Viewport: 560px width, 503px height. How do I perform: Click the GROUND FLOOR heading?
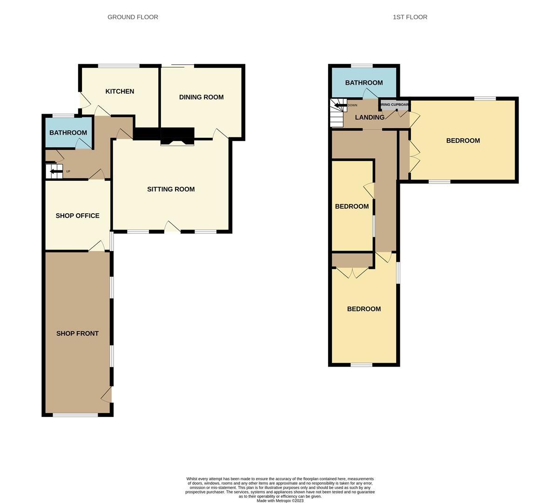(x=133, y=17)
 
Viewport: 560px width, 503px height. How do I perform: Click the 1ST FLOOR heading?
(x=410, y=17)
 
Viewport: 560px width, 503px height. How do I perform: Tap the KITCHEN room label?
(x=120, y=91)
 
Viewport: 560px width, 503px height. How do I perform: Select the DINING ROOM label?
(x=201, y=97)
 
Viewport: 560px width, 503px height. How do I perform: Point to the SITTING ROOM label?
(x=171, y=189)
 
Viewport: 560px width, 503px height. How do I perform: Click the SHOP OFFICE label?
(x=77, y=216)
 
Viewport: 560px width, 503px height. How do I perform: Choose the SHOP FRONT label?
(x=77, y=333)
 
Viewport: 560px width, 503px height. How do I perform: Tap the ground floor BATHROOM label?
(x=68, y=133)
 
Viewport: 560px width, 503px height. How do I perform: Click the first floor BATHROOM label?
(x=364, y=83)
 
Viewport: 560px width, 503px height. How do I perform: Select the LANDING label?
(x=370, y=117)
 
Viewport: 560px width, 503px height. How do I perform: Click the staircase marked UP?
(x=54, y=171)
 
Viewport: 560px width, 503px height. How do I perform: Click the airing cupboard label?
(x=394, y=105)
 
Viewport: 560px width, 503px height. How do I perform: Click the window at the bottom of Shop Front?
(x=75, y=415)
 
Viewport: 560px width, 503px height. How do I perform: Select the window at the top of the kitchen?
(x=119, y=66)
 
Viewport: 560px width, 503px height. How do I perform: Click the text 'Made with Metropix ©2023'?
(x=280, y=501)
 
